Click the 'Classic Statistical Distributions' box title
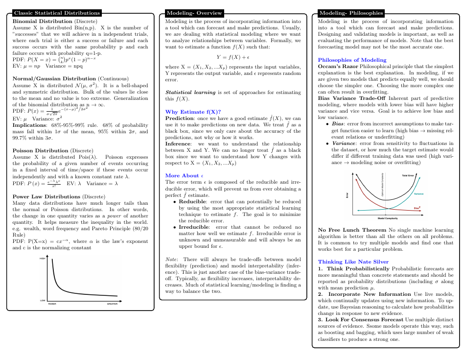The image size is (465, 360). point(57,13)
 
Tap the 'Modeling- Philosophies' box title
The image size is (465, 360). point(350,13)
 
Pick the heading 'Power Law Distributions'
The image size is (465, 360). point(46,196)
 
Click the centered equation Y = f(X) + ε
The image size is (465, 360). point(233,57)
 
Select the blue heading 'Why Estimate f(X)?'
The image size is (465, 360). point(193,112)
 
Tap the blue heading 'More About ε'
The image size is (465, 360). point(184,175)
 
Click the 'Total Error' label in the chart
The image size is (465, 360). point(408,175)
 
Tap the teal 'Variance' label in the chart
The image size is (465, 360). point(419,194)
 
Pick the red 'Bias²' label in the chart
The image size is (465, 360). point(417,208)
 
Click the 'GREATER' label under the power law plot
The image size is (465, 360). point(112,304)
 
